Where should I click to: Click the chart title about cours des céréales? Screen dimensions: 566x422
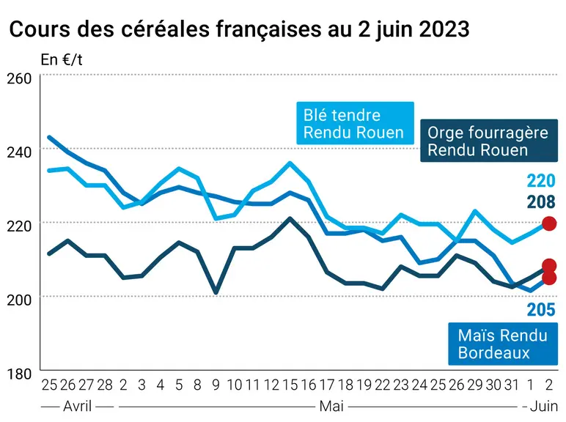(x=239, y=29)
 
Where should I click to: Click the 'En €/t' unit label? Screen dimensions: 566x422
(x=62, y=60)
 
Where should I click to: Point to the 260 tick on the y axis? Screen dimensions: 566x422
(x=20, y=78)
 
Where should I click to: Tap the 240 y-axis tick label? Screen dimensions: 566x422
(x=20, y=152)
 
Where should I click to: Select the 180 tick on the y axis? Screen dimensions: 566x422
(x=20, y=374)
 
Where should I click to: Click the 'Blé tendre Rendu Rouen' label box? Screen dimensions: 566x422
(x=355, y=123)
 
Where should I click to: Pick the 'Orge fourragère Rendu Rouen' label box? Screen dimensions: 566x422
(x=489, y=141)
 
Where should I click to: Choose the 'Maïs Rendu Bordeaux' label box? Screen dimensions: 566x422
(x=503, y=344)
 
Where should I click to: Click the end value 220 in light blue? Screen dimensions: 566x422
(x=541, y=181)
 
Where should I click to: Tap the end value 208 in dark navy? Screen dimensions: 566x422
(x=541, y=202)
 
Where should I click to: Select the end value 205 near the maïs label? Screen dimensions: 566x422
(x=541, y=309)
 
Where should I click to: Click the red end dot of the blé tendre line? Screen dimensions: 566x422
(x=549, y=223)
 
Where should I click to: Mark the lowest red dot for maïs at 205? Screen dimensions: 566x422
(x=549, y=278)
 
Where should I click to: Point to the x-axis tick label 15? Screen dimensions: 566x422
(x=290, y=385)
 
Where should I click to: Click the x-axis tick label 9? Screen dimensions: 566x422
(x=216, y=385)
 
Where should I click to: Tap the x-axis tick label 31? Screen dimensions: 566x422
(x=512, y=385)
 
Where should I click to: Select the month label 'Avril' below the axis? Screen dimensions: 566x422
(x=77, y=407)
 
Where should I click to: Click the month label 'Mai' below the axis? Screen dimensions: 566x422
(x=331, y=407)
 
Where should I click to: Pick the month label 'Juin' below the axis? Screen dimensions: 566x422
(x=543, y=407)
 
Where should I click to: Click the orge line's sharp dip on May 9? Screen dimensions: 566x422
(x=216, y=292)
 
